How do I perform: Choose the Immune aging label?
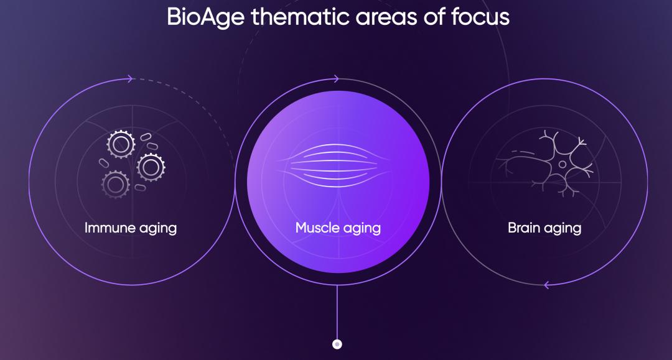coord(131,228)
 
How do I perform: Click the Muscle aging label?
coord(338,228)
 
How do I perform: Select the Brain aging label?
coord(544,228)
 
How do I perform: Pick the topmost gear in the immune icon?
coord(121,144)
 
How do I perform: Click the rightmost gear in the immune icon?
coord(151,166)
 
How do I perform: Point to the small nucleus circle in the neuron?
coord(562,165)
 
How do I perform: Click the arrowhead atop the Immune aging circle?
coord(129,79)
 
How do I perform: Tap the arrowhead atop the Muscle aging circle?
coord(336,79)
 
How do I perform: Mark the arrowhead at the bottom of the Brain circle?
coord(546,285)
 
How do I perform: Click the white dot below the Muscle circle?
coord(337,343)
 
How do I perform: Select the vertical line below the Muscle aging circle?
coord(337,311)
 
